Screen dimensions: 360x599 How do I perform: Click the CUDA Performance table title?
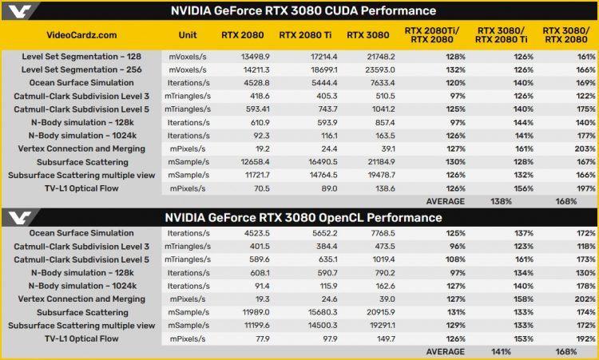pos(303,10)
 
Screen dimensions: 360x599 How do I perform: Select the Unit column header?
pos(188,35)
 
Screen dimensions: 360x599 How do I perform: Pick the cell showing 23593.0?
pos(373,69)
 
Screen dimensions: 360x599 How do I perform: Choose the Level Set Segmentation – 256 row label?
pos(81,69)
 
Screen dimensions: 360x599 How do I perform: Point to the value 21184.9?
pos(373,162)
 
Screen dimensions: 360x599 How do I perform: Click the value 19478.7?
pos(373,175)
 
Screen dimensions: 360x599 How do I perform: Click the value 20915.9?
pos(373,311)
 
